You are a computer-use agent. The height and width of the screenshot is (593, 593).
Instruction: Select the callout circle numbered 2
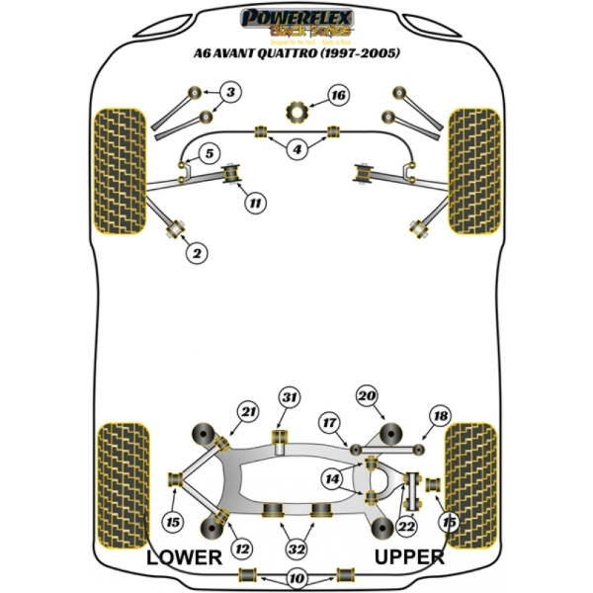point(197,254)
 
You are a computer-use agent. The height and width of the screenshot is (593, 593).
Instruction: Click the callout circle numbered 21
point(247,411)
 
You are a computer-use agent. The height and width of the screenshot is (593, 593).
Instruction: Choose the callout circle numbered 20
point(368,397)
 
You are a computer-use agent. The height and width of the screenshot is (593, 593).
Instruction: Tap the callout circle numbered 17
point(328,423)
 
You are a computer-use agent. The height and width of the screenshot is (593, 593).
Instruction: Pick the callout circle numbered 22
point(406,530)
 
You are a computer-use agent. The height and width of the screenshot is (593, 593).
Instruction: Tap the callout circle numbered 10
point(296,579)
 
